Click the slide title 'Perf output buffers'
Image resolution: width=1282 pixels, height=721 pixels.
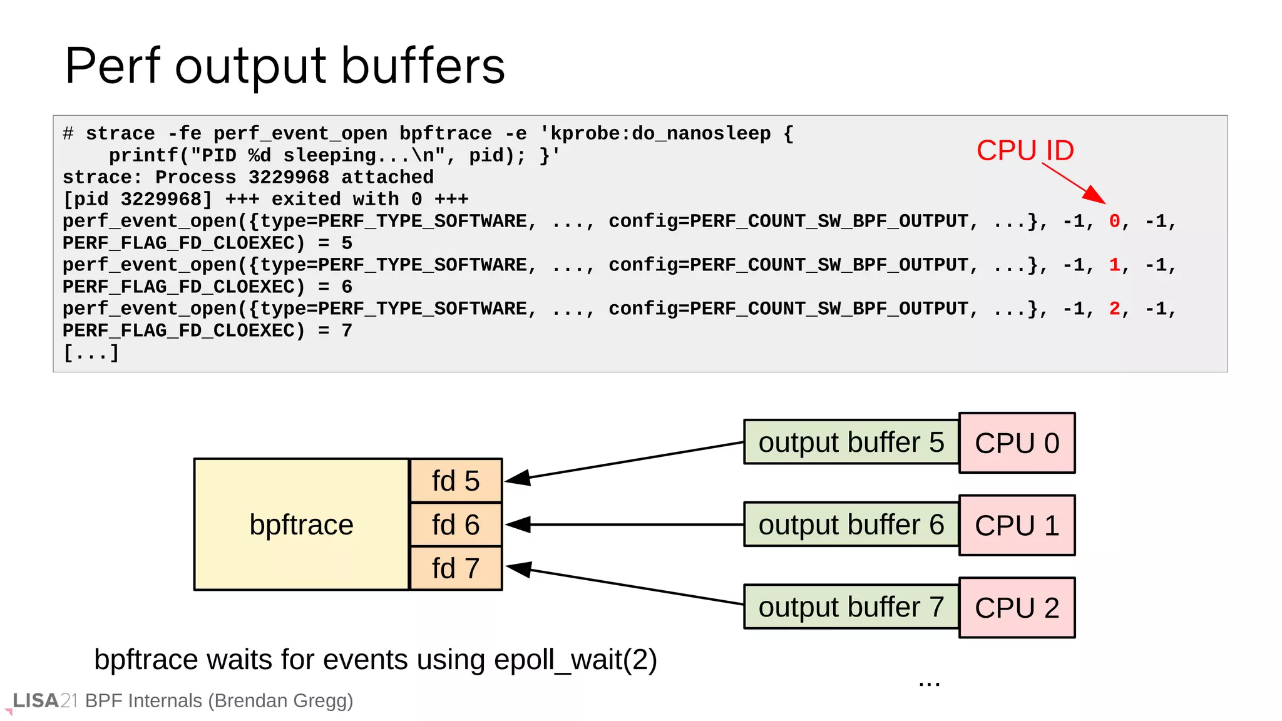[x=285, y=66]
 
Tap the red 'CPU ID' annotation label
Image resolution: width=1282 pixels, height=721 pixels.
[x=1025, y=150]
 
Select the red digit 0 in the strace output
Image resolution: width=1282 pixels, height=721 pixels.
[x=1114, y=221]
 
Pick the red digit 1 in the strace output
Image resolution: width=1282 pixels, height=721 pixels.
[x=1114, y=265]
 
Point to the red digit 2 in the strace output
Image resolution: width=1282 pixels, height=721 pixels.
[x=1114, y=309]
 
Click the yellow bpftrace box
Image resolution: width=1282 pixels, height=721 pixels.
[x=301, y=524]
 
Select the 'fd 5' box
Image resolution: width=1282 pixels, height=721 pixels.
[x=456, y=481]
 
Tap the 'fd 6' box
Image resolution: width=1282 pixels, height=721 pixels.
[x=456, y=524]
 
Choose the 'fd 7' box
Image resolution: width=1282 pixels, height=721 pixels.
[x=456, y=568]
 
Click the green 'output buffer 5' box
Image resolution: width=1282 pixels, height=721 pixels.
[x=851, y=442]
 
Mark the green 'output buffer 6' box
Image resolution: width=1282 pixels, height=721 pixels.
[x=851, y=524]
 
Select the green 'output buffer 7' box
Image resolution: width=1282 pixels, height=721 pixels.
[x=851, y=606]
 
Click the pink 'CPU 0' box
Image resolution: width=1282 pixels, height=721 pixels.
[x=1017, y=443]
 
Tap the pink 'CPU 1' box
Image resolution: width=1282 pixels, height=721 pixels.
[x=1017, y=525]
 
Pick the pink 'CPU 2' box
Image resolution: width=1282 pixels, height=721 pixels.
[x=1017, y=608]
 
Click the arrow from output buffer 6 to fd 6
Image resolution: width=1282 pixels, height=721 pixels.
[x=626, y=524]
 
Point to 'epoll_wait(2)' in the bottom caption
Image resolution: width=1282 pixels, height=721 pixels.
[x=575, y=660]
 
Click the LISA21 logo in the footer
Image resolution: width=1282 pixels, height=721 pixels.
[x=44, y=700]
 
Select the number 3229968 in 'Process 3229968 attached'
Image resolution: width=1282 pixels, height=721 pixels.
[x=289, y=177]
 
